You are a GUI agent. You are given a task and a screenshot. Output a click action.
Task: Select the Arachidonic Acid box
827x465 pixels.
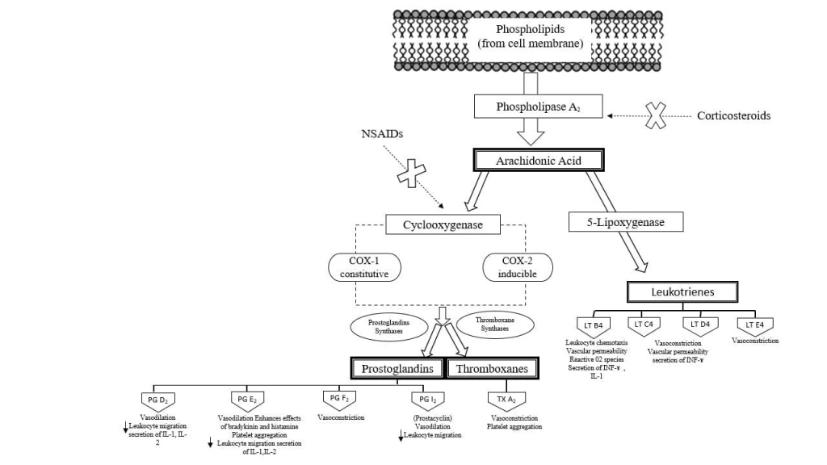[539, 160]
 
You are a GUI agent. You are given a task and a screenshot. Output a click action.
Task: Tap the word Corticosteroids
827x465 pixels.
[733, 115]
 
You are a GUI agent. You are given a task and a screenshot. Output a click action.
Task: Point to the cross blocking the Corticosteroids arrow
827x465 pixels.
[656, 116]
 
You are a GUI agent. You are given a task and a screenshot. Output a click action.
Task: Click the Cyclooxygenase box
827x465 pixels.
[443, 224]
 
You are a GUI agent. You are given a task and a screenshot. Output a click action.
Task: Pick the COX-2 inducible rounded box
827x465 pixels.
[518, 267]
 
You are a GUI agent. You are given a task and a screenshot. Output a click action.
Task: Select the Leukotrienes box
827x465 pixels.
[683, 291]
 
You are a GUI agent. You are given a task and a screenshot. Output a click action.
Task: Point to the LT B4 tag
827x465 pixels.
[598, 325]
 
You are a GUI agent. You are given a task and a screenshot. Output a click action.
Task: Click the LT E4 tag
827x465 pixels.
[755, 325]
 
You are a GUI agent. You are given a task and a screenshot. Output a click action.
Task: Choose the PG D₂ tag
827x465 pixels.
[157, 399]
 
